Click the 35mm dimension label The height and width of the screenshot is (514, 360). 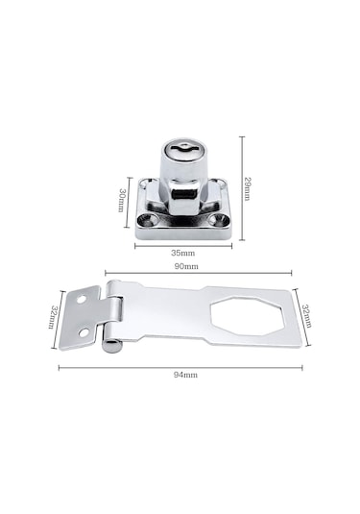(x=182, y=253)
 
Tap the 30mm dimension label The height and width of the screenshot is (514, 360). (x=122, y=200)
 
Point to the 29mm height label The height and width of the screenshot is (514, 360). (x=248, y=188)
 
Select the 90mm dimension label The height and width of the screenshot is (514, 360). (x=185, y=266)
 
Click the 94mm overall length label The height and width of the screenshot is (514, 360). (x=185, y=375)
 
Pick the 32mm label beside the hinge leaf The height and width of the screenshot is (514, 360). (x=54, y=317)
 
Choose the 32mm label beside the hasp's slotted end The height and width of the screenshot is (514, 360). (x=306, y=316)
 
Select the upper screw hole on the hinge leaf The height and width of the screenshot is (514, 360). (x=82, y=299)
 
